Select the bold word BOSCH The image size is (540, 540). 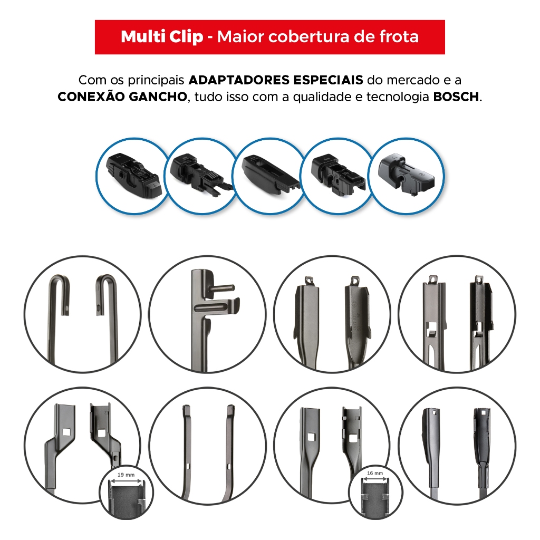(456, 97)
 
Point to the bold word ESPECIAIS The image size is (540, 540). (328, 80)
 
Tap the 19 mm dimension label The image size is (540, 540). (126, 475)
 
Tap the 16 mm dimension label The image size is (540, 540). (375, 473)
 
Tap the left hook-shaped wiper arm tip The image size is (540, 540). (60, 293)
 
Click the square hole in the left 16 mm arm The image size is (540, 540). (311, 437)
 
